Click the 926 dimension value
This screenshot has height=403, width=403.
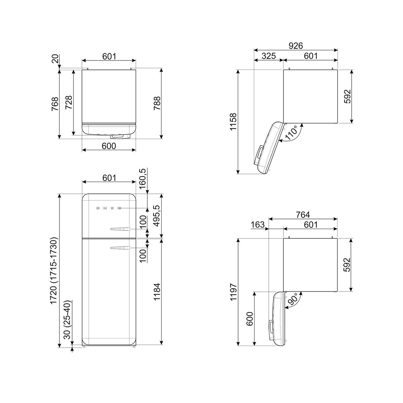(x=296, y=46)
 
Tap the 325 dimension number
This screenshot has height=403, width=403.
(x=269, y=56)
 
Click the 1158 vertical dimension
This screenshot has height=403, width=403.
(x=233, y=122)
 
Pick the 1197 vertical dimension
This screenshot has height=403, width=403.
(x=233, y=292)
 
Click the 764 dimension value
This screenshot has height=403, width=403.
(x=303, y=215)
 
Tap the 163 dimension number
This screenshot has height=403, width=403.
(x=258, y=225)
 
